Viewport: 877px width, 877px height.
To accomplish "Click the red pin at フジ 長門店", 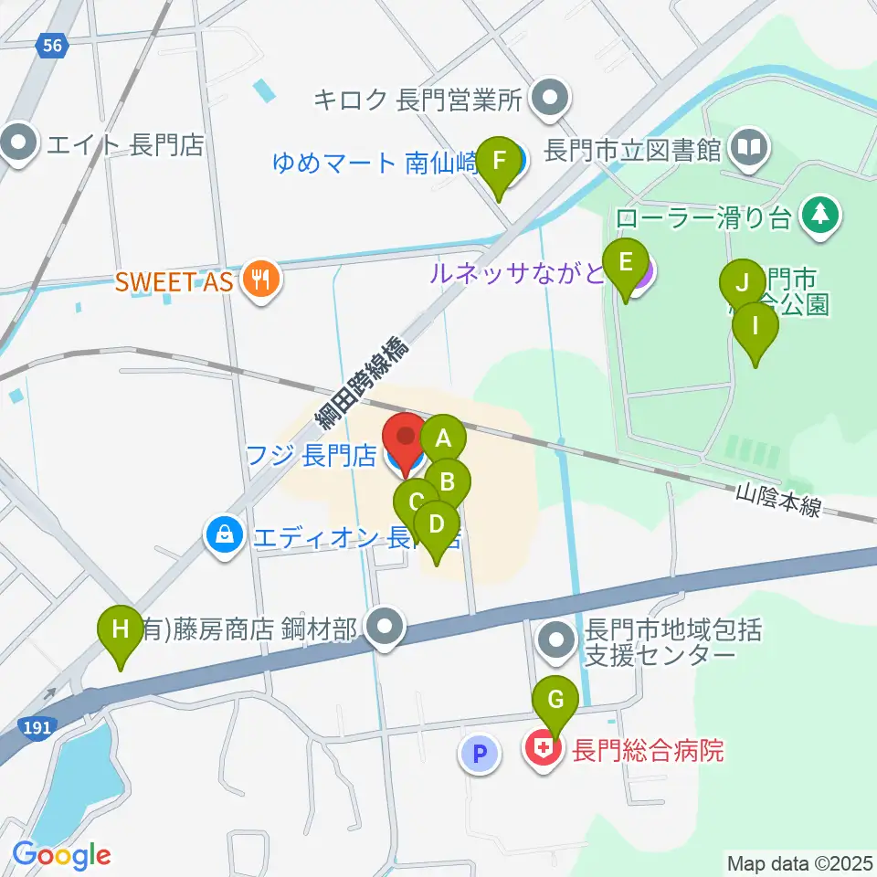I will point(404,438).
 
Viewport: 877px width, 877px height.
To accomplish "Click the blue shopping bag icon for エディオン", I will point(224,534).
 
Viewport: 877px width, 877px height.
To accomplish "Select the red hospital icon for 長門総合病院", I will point(543,751).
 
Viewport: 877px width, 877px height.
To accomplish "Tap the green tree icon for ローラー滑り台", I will point(819,216).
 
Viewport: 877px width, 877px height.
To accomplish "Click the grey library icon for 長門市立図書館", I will point(748,147).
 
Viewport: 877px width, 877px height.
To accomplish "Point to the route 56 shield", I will point(55,45).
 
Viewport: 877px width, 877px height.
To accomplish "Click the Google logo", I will point(61,855).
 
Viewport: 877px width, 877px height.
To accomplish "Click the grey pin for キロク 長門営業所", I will point(550,98).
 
